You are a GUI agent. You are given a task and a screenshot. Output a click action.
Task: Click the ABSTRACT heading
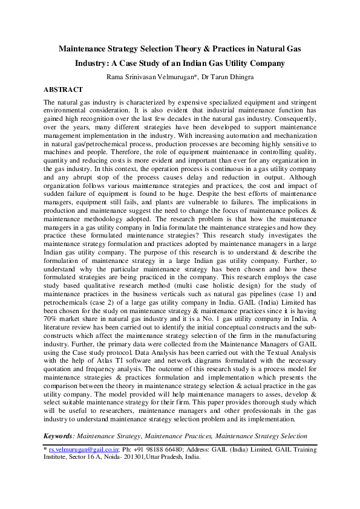(63, 89)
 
